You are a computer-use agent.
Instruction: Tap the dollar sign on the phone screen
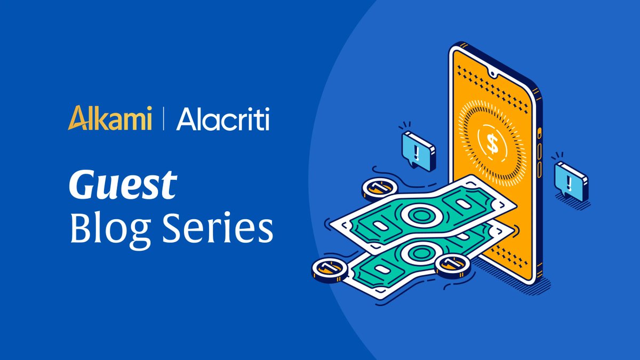pyautogui.click(x=491, y=142)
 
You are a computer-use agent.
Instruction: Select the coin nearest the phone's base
pyautogui.click(x=452, y=265)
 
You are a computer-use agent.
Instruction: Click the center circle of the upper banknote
pyautogui.click(x=416, y=216)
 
